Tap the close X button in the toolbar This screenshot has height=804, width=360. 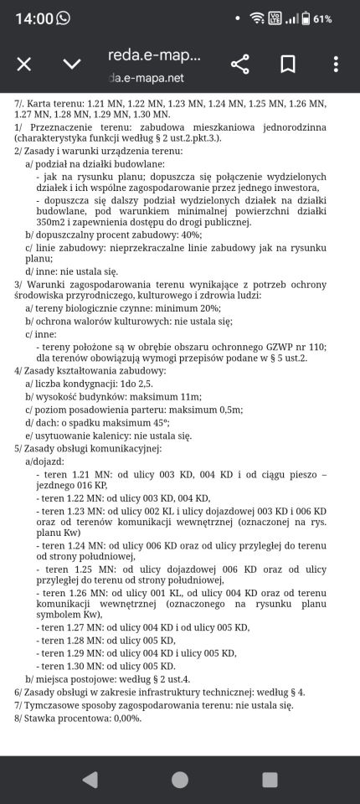pyautogui.click(x=24, y=64)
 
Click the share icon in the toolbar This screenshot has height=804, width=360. pyautogui.click(x=240, y=64)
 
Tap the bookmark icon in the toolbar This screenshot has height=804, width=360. pyautogui.click(x=288, y=64)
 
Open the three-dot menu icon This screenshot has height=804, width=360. pyautogui.click(x=336, y=64)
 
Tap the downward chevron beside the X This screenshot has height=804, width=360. pyautogui.click(x=72, y=64)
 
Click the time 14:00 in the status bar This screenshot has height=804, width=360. pyautogui.click(x=33, y=18)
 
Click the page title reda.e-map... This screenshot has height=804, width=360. pyautogui.click(x=155, y=55)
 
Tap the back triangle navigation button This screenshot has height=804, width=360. pyautogui.click(x=90, y=780)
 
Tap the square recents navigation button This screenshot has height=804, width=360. pyautogui.click(x=270, y=780)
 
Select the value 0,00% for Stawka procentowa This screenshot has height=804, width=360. pyautogui.click(x=124, y=718)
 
